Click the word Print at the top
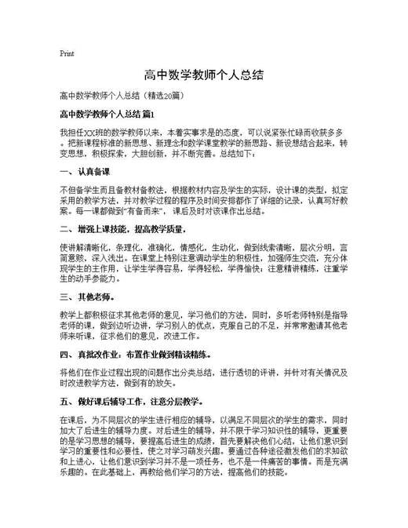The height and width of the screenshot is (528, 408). (x=67, y=53)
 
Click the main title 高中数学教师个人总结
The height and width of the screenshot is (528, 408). (x=203, y=75)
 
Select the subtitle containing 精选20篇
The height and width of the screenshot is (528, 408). (x=122, y=96)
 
